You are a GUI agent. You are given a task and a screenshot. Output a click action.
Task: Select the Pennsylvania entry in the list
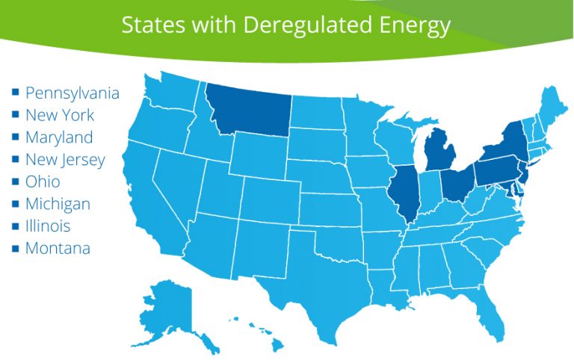point(72,93)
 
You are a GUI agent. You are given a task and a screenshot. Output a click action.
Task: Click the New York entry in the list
point(60,115)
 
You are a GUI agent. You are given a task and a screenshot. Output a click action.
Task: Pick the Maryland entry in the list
point(59,137)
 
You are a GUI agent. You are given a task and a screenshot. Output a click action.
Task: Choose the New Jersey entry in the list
point(65,160)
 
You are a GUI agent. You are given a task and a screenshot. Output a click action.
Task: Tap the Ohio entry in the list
point(43,181)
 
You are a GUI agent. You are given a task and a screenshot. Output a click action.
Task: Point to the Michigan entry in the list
point(58,204)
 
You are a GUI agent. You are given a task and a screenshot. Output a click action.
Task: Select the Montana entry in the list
point(58,248)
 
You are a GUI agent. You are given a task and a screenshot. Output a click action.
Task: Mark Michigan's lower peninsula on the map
point(439,152)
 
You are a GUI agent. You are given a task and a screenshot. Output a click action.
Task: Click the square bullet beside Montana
point(15,248)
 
